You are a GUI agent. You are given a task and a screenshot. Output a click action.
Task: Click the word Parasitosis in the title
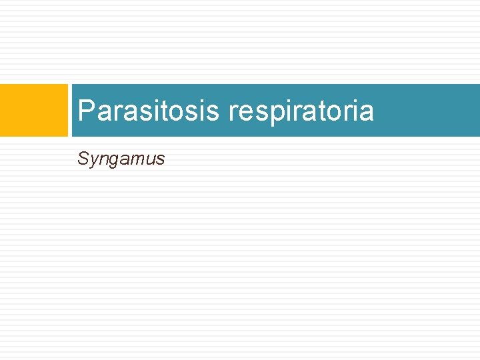(x=148, y=111)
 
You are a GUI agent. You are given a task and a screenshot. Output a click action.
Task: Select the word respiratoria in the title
(x=301, y=111)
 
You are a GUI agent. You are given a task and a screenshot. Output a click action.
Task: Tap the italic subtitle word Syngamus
(x=121, y=159)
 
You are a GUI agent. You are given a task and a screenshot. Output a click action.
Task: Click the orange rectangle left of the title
(x=34, y=110)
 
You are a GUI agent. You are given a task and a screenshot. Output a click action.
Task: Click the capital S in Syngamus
(x=83, y=158)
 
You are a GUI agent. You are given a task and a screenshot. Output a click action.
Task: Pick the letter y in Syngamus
(x=93, y=161)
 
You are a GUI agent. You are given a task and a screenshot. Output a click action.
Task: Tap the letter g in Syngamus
(x=112, y=161)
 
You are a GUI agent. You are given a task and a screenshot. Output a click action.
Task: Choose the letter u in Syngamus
(x=149, y=159)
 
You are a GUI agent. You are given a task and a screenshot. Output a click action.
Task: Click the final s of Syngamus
(x=160, y=159)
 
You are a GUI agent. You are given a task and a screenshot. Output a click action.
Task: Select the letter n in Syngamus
(x=102, y=159)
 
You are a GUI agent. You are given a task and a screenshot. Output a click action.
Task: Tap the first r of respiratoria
(x=233, y=112)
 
